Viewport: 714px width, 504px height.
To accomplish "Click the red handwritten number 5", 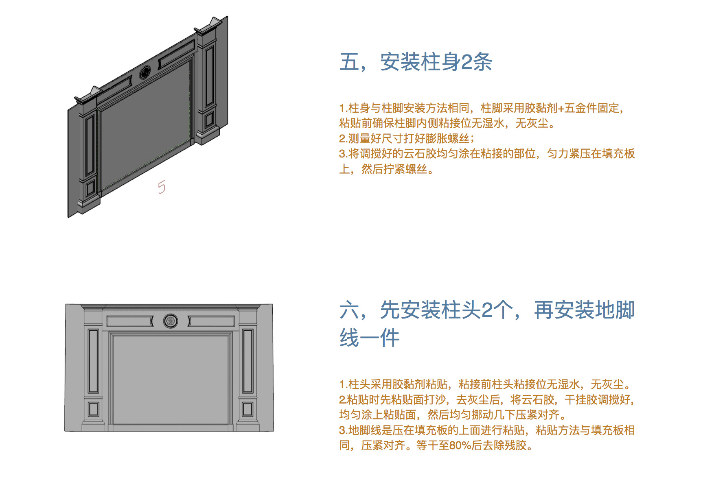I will (162, 187).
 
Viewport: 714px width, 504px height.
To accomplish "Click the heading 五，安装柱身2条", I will (416, 62).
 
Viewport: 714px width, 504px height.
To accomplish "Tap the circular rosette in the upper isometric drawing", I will (145, 73).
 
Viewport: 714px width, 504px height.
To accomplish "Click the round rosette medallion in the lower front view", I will (171, 321).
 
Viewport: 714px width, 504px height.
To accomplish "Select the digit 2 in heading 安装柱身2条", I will (467, 62).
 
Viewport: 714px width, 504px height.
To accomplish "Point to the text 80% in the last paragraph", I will (460, 445).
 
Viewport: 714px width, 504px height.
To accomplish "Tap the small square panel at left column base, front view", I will (94, 409).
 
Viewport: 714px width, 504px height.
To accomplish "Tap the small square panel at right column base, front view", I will (247, 409).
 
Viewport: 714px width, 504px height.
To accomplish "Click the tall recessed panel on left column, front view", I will (94, 361).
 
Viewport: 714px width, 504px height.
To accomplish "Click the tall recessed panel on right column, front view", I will (247, 361).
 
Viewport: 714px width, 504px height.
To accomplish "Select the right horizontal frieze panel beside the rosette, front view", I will (212, 321).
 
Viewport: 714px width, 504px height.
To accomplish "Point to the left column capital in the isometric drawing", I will (88, 96).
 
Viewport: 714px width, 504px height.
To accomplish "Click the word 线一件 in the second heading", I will (370, 338).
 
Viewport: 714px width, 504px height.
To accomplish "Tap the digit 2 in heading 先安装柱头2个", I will (487, 310).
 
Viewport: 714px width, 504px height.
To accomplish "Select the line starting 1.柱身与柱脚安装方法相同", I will (481, 108).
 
